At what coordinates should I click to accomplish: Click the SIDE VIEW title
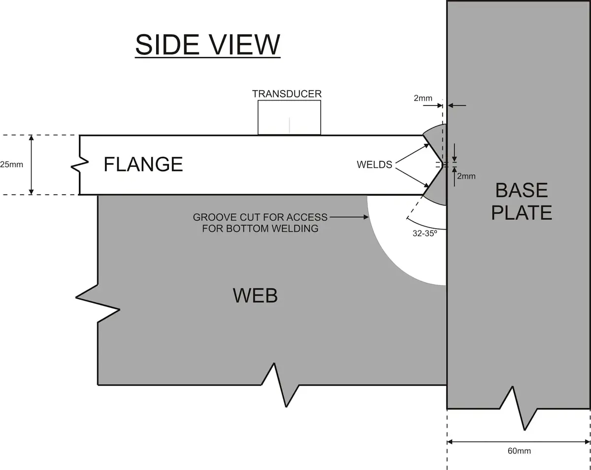coord(208,45)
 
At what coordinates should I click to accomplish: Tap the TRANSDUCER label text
coord(287,94)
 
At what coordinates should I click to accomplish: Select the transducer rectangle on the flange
coord(289,118)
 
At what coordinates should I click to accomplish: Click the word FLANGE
coord(143,164)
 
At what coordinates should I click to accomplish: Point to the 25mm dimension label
coord(11,165)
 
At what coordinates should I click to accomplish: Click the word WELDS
coord(374,165)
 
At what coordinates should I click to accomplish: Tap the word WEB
coord(255,296)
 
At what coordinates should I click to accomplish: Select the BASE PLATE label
coord(522,201)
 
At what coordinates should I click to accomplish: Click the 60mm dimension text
coord(519,451)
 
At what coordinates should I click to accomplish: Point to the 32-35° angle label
coord(425,234)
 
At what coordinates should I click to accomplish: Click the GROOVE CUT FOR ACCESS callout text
coord(260,223)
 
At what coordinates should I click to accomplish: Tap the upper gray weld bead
coord(438,140)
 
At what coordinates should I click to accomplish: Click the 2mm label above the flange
coord(423,98)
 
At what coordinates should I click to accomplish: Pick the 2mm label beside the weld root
coord(466,176)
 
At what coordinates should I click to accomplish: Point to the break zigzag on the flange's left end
coord(80,164)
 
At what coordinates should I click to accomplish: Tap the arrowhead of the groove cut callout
coord(366,217)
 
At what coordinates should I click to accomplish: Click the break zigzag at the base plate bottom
coord(519,408)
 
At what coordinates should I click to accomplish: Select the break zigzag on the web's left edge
coord(98,303)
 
